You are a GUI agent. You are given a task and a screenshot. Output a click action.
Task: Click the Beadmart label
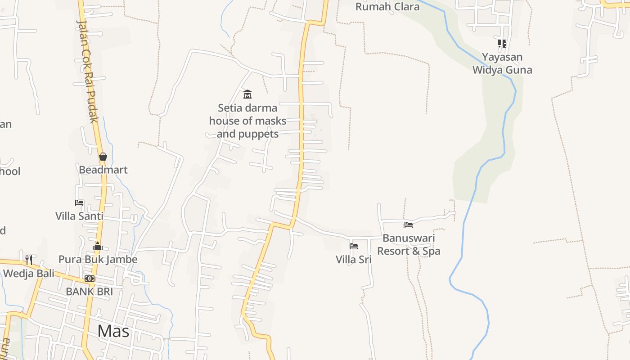[x=103, y=170]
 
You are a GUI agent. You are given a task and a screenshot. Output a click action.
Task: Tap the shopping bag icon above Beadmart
[x=103, y=157]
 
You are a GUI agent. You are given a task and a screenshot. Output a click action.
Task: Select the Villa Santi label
[x=79, y=216]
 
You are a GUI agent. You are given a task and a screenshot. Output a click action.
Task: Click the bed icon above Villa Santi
[x=79, y=203]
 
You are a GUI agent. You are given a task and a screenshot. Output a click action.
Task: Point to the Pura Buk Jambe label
[x=98, y=260]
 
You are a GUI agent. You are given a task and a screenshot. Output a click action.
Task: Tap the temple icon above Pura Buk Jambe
[x=98, y=246]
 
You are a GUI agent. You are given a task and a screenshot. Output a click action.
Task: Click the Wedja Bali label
[x=29, y=273]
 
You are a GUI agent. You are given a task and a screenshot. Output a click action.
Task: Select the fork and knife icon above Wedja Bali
[x=29, y=260]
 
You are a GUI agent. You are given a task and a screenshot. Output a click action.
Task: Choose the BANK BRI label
[x=89, y=291]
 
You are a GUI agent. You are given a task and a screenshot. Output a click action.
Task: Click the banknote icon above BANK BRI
[x=90, y=279]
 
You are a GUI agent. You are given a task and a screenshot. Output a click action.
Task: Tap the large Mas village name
[x=113, y=331]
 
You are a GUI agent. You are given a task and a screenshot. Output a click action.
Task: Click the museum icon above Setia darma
[x=247, y=94]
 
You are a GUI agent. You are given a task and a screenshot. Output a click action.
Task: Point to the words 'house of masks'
[x=247, y=121]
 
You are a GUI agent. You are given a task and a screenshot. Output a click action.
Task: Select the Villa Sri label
[x=353, y=260]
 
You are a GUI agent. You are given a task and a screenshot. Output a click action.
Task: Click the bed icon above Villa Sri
[x=354, y=246]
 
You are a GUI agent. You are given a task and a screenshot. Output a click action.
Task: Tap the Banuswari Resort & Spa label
[x=409, y=244]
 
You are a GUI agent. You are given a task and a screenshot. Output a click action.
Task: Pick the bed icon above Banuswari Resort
[x=409, y=225]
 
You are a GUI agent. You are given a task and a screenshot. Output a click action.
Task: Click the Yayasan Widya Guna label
[x=502, y=63]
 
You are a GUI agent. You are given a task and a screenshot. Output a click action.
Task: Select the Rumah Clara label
[x=387, y=7]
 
